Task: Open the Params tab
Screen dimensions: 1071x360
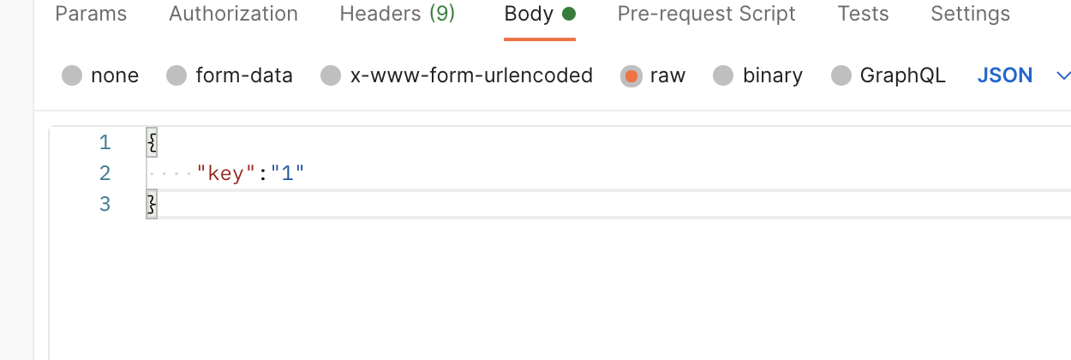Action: [x=91, y=15]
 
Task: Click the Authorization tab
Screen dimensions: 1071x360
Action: [x=233, y=15]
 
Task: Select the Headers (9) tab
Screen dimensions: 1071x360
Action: [x=397, y=15]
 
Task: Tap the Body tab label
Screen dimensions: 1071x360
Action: [x=529, y=15]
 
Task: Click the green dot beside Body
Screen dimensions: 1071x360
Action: [x=569, y=15]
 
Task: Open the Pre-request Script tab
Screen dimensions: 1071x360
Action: [x=706, y=15]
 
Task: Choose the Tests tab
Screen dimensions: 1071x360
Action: [x=863, y=15]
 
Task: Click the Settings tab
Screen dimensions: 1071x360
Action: [x=970, y=15]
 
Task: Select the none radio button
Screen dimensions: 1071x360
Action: [x=73, y=76]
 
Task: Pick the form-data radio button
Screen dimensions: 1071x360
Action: [x=177, y=76]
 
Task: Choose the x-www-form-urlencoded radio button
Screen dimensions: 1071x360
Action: [x=331, y=76]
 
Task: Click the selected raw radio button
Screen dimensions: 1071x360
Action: [x=631, y=76]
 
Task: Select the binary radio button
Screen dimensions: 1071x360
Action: [x=724, y=76]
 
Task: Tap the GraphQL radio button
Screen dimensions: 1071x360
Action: [x=842, y=76]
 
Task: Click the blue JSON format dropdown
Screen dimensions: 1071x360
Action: [x=1004, y=75]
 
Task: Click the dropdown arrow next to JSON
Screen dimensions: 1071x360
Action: [x=1063, y=75]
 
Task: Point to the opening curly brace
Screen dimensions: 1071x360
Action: [x=152, y=142]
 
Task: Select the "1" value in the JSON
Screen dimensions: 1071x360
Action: [x=288, y=174]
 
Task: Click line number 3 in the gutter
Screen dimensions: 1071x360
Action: [x=105, y=205]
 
